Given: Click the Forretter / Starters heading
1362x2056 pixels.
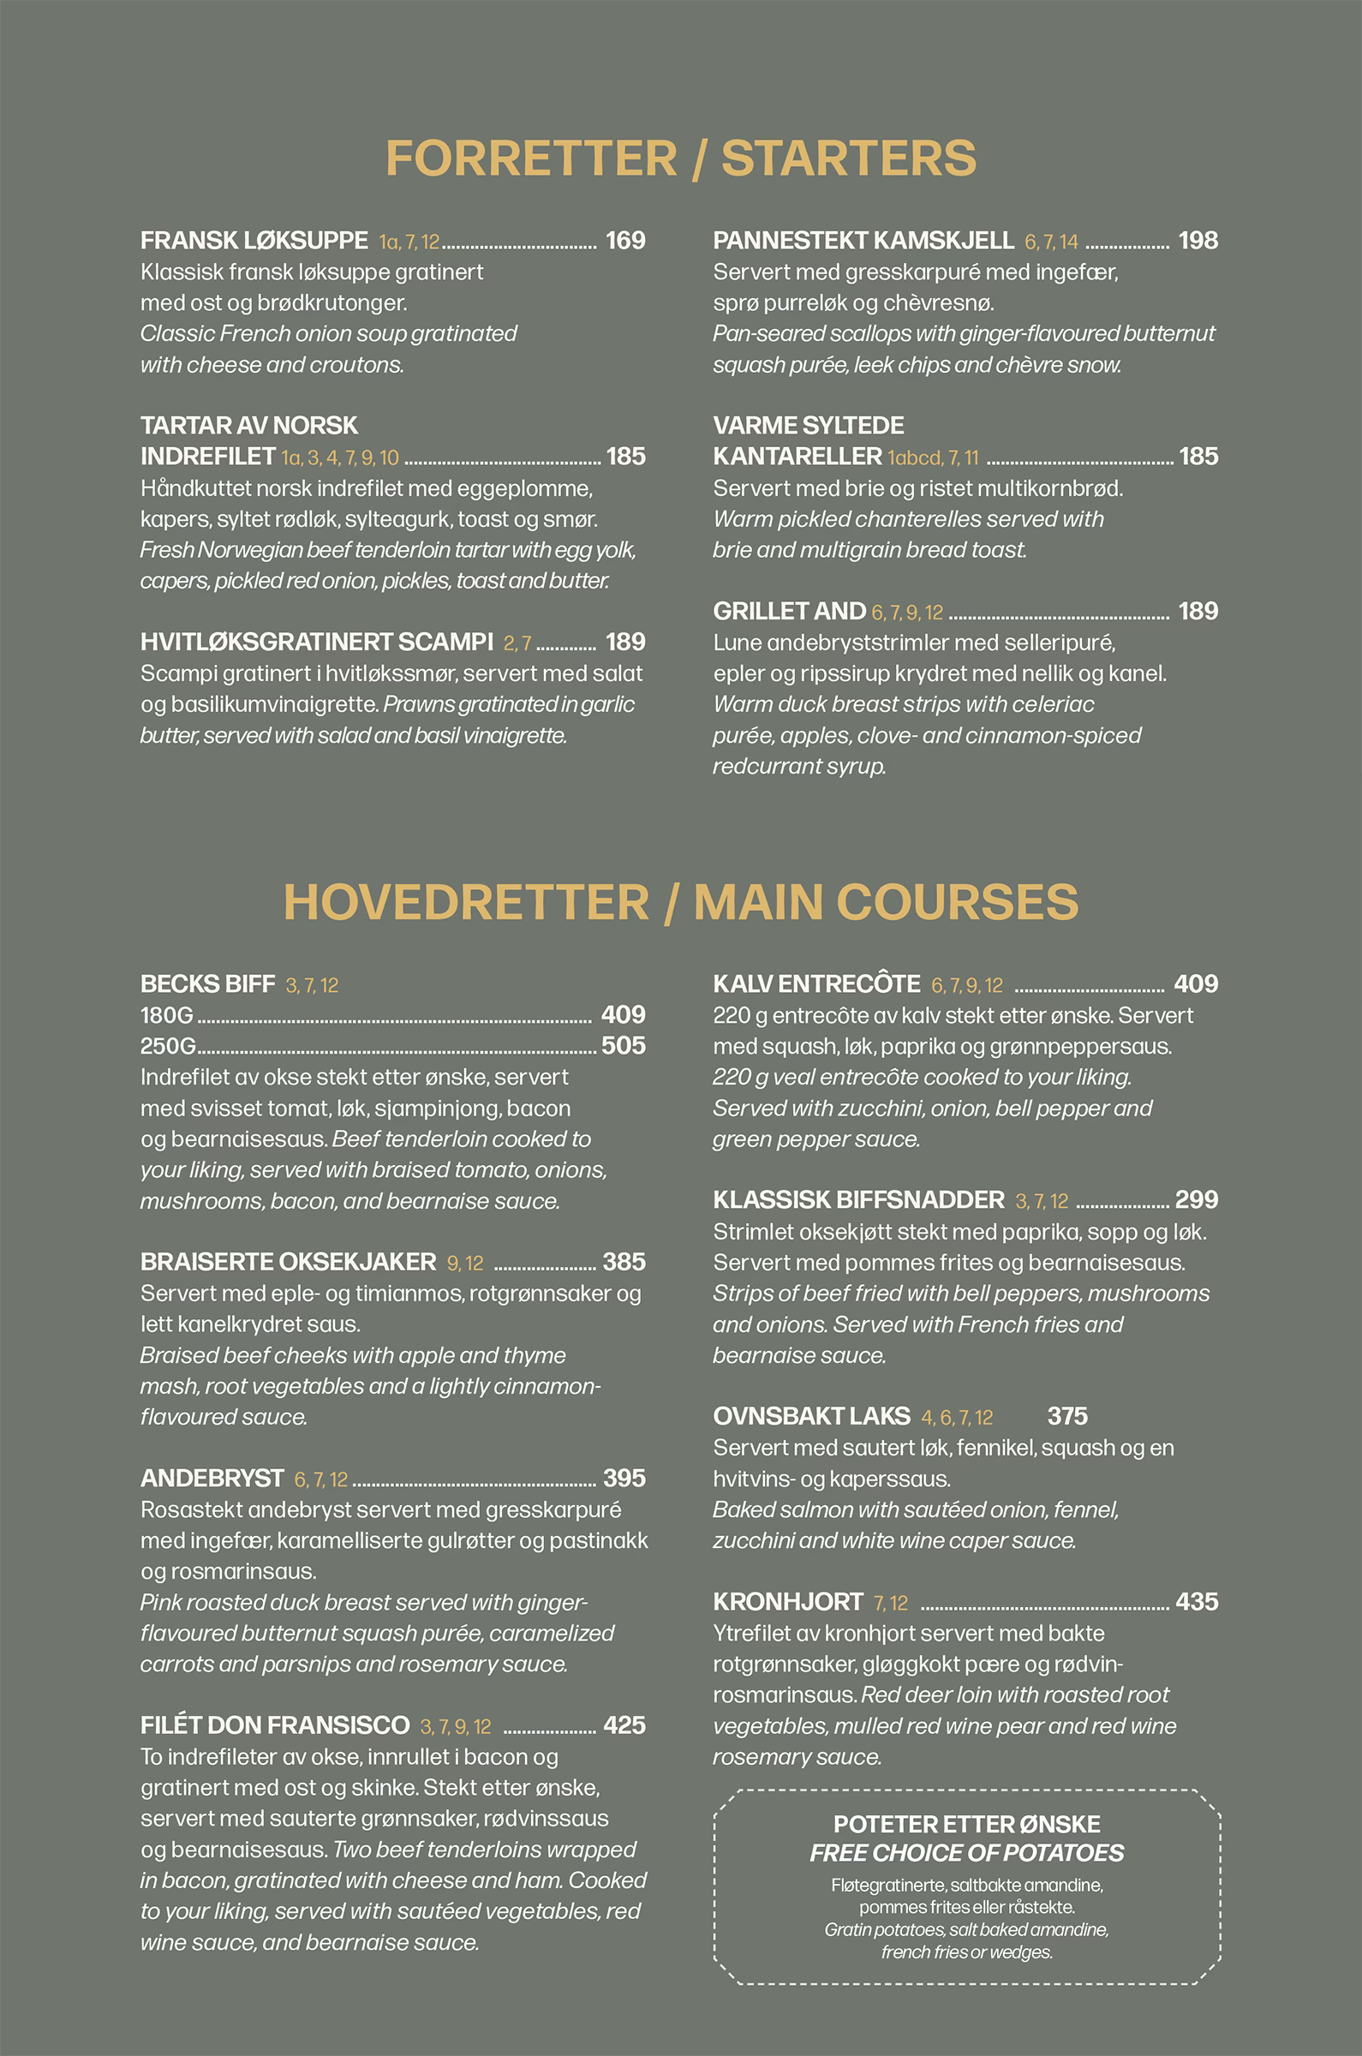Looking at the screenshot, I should coord(680,158).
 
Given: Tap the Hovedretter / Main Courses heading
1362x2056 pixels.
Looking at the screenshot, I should coord(680,901).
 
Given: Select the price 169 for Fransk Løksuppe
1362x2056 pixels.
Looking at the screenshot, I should coord(624,241).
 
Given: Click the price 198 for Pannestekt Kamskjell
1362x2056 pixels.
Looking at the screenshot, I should coord(1197,241).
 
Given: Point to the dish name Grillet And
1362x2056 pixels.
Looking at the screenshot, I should coord(789,612).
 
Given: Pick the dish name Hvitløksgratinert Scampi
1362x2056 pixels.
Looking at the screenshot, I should coord(316,642).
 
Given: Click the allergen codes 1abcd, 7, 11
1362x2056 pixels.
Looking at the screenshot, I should coord(932,457).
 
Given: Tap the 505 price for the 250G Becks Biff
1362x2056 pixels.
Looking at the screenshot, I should coord(623,1046).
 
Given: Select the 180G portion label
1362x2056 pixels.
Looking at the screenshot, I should coord(167,1015).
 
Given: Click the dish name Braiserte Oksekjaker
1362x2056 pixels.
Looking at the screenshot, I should coord(288,1262).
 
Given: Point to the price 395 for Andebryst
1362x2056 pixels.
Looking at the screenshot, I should coord(624,1479).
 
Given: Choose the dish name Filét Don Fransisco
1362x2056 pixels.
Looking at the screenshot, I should coord(274,1725).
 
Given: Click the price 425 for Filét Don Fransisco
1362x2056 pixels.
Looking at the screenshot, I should coord(624,1725).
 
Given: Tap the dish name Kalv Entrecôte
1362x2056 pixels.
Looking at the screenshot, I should coord(815,984).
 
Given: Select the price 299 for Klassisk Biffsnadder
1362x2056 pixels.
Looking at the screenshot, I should coord(1196,1200).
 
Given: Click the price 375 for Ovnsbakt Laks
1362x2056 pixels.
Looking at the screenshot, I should coord(1066,1417).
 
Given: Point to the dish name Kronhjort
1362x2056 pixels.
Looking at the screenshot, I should coord(788,1602).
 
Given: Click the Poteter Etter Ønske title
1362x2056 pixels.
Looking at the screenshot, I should coord(966,1824).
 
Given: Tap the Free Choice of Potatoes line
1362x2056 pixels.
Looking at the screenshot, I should coord(966,1853).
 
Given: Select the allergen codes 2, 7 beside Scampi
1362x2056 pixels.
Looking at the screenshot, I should coord(517,643).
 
